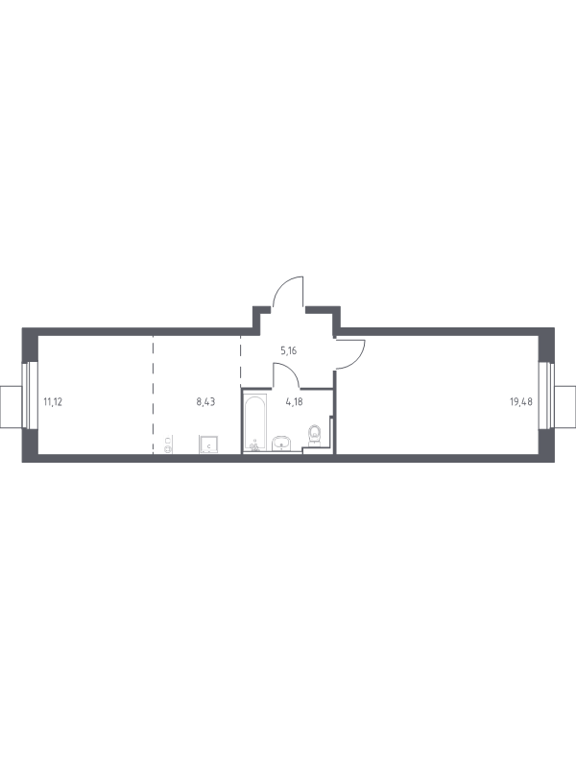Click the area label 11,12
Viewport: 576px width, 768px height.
(x=53, y=402)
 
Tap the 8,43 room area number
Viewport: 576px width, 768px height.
(x=205, y=402)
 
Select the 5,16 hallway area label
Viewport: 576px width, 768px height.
(x=289, y=350)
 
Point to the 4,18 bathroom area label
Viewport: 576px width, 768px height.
(x=294, y=402)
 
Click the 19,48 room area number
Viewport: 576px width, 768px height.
(x=521, y=402)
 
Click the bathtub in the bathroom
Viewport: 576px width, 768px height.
(x=255, y=421)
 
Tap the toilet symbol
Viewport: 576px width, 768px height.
(x=314, y=436)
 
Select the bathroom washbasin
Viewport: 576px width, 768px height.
(x=281, y=443)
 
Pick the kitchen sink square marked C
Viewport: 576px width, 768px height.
(x=208, y=444)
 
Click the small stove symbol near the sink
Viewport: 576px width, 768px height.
(x=167, y=444)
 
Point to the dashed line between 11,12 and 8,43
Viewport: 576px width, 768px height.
(x=153, y=395)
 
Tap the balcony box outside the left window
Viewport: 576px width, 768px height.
(x=12, y=406)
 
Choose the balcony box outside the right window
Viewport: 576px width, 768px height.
(x=565, y=406)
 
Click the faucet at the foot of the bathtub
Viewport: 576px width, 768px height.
(x=254, y=444)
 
